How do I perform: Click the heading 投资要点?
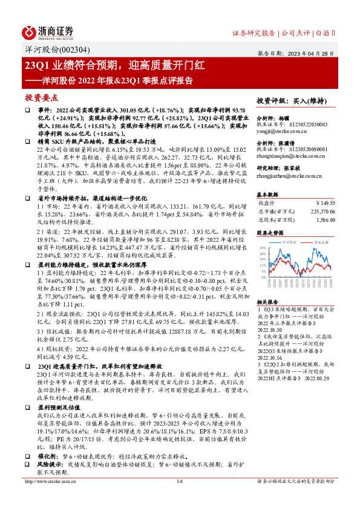click(41, 97)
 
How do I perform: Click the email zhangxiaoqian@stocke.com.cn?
click(287, 156)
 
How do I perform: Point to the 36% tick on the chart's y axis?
click(261, 248)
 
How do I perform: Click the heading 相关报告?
click(267, 301)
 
